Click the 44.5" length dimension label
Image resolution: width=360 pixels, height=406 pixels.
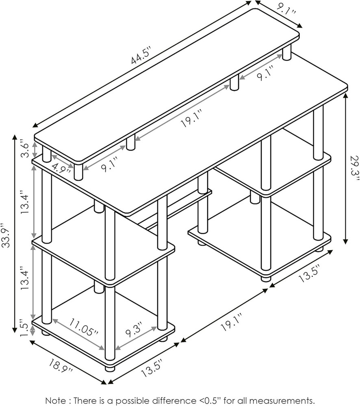click(141, 56)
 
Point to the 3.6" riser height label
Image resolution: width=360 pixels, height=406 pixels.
click(25, 149)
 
